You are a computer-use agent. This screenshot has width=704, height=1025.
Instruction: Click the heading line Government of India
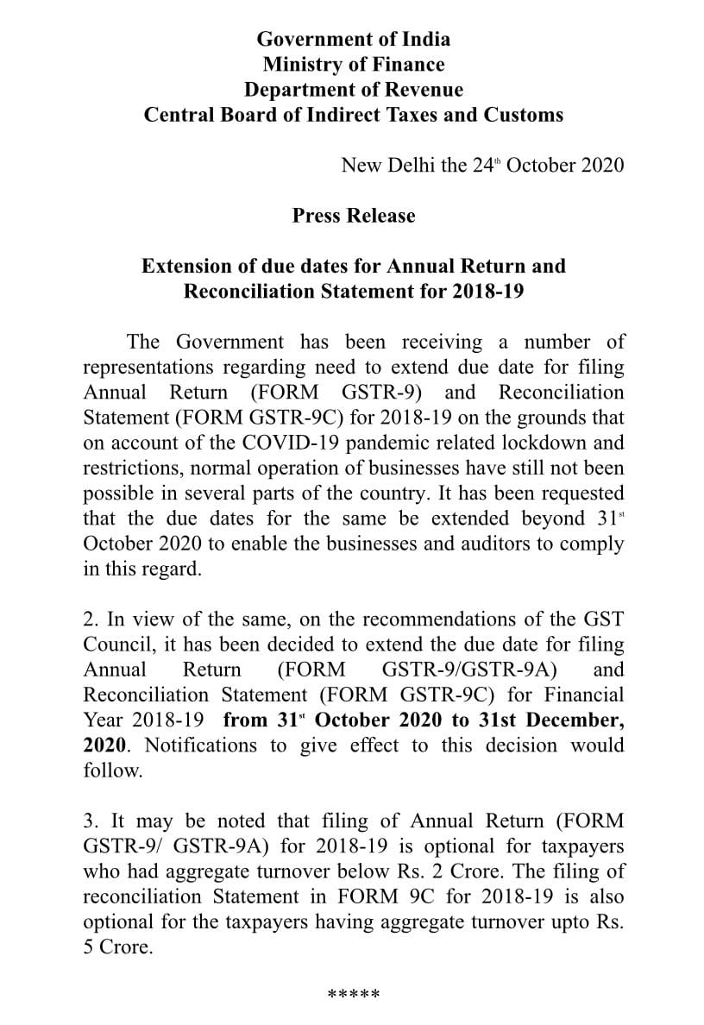353,39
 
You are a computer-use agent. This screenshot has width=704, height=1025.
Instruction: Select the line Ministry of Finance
353,65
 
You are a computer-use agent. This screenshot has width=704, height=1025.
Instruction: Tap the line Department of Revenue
353,90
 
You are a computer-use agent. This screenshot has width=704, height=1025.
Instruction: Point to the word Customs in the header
523,115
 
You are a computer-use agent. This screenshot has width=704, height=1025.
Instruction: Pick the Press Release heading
353,216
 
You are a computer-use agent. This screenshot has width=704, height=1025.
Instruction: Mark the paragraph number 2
89,619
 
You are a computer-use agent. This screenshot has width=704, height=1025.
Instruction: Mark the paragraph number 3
89,821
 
